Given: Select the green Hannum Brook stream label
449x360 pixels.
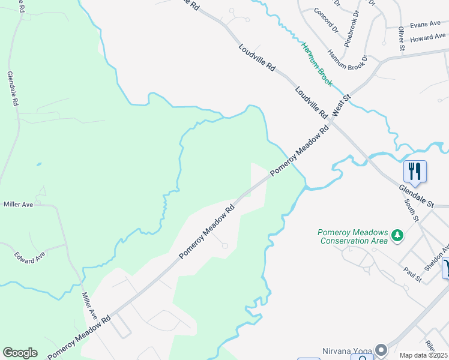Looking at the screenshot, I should (x=317, y=64).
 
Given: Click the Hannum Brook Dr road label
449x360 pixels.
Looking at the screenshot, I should (x=346, y=61).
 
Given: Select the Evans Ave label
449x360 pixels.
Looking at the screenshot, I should (x=426, y=25).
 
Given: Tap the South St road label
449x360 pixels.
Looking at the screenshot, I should (x=411, y=211).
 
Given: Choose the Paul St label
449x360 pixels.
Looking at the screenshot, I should (x=412, y=274).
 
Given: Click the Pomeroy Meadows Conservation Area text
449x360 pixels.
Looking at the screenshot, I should (x=353, y=236).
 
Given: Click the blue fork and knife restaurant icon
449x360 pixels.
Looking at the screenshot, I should (x=415, y=171).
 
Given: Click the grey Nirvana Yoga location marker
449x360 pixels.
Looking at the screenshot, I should (x=381, y=349).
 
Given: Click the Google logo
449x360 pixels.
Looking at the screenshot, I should (x=20, y=353).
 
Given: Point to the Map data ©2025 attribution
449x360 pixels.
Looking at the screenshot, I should (x=424, y=355).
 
